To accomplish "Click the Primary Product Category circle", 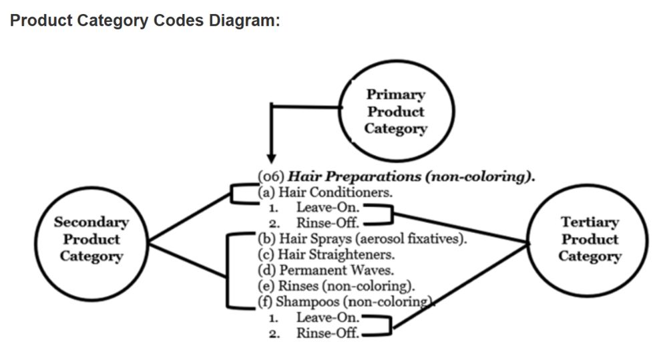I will [x=396, y=112].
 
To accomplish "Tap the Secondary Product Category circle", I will [x=91, y=239].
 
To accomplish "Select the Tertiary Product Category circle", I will [x=590, y=239].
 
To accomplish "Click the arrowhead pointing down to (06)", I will [x=270, y=157].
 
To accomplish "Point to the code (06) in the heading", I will [x=271, y=177].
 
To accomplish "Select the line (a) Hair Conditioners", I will [x=324, y=192].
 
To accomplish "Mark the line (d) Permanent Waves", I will [x=325, y=271].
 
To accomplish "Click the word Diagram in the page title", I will [x=244, y=20].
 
